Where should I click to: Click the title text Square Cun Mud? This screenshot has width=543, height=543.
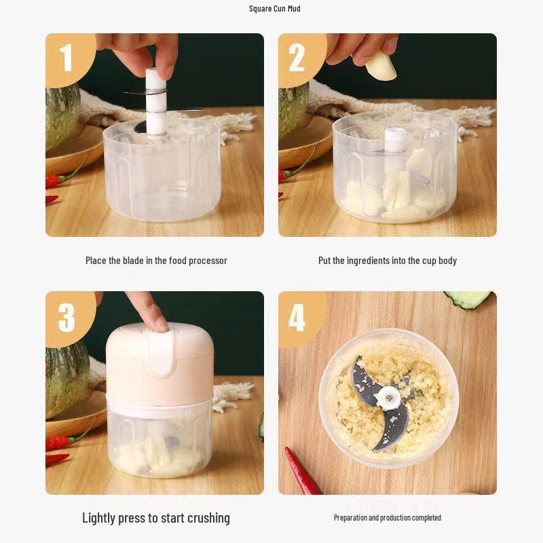[x=274, y=9]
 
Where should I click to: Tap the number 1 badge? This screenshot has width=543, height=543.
[x=66, y=58]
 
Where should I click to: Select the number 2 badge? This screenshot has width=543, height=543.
[x=297, y=58]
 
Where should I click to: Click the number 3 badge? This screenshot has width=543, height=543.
[x=66, y=316]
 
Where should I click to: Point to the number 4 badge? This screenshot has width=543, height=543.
[x=297, y=316]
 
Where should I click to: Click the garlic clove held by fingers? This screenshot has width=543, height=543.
[x=381, y=65]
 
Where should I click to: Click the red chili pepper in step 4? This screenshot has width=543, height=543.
[x=303, y=471]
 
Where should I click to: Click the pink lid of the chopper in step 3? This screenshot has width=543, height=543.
[x=160, y=363]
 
